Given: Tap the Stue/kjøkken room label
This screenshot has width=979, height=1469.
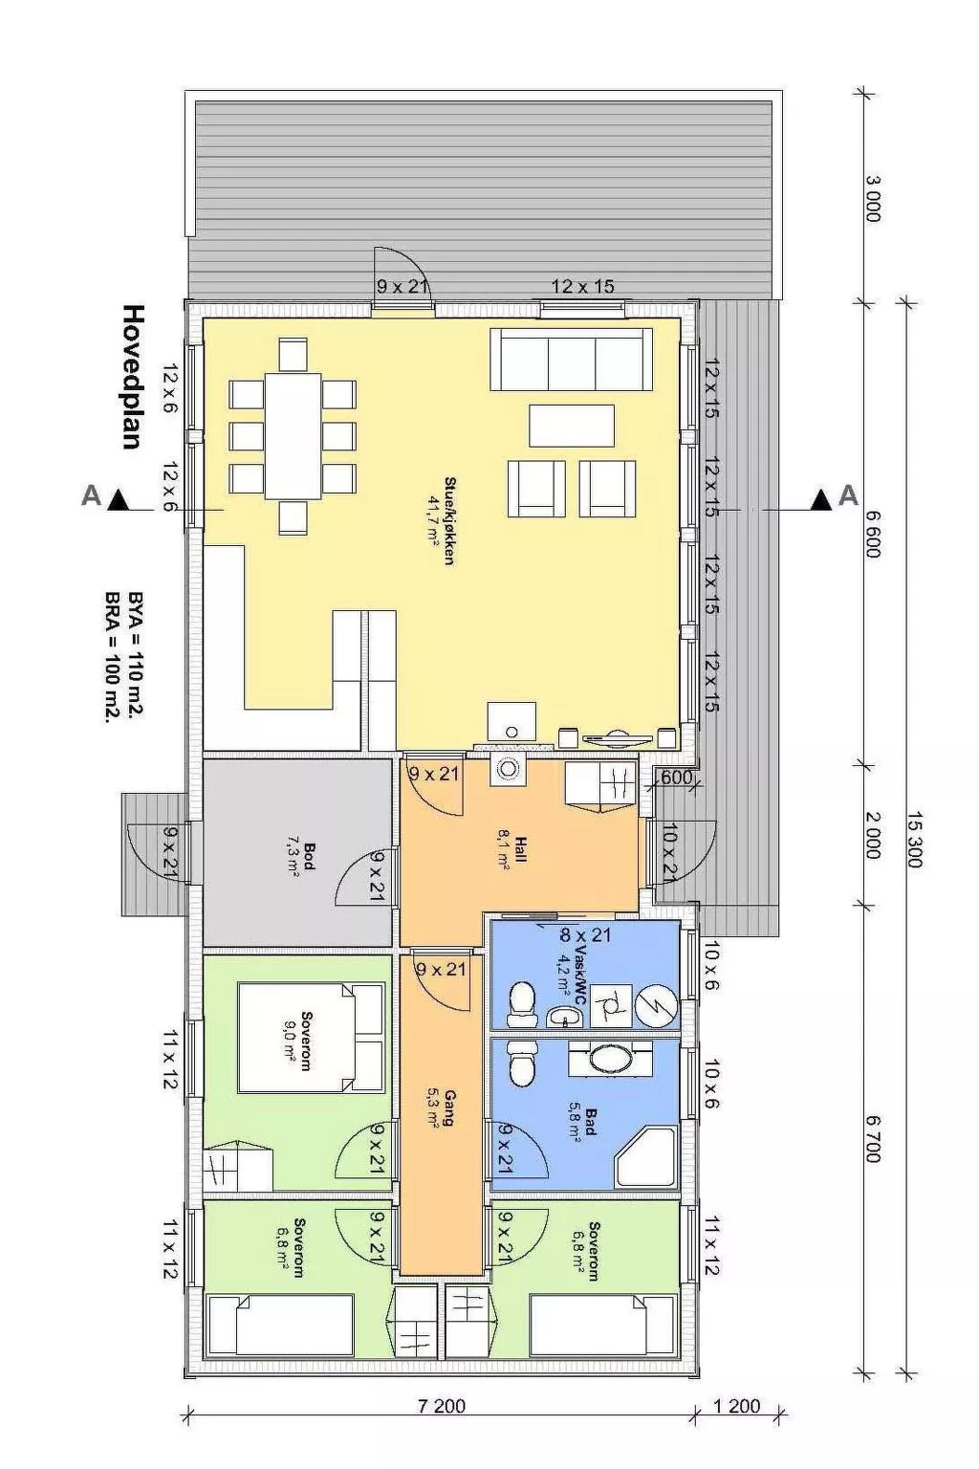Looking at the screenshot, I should point(441,520).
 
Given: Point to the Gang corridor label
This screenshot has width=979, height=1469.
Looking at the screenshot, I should point(441,1108).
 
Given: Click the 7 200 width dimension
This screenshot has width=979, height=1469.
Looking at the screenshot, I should point(442,1406).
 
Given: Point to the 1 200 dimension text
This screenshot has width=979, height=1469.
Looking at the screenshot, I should point(737,1406).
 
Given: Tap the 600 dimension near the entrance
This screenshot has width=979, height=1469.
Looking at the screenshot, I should point(676,778).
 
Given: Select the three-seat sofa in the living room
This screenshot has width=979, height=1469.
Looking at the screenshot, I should point(572,360).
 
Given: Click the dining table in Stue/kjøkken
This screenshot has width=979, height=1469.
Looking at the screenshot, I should point(294,435).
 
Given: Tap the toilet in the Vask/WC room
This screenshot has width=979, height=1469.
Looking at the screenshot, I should point(522,1002).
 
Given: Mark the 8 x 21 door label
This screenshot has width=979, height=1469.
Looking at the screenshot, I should point(585,934).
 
